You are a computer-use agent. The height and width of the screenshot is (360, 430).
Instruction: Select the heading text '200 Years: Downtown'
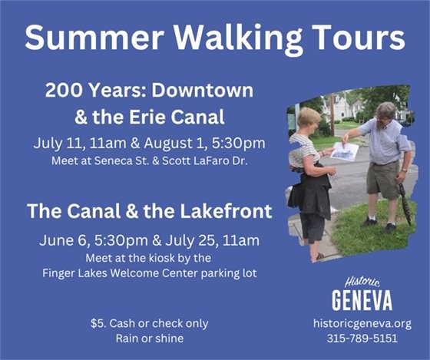(149, 90)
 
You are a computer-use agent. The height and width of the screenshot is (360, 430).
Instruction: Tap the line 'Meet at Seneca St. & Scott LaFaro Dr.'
(149, 162)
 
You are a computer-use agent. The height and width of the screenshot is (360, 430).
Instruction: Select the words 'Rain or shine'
(149, 338)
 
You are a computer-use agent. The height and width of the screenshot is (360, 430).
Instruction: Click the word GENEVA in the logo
(362, 299)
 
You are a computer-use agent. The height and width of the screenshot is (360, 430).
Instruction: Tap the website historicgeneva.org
(362, 323)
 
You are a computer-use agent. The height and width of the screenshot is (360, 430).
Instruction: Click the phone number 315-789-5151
(362, 338)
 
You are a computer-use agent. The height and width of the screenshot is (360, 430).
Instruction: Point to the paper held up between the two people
(344, 151)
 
